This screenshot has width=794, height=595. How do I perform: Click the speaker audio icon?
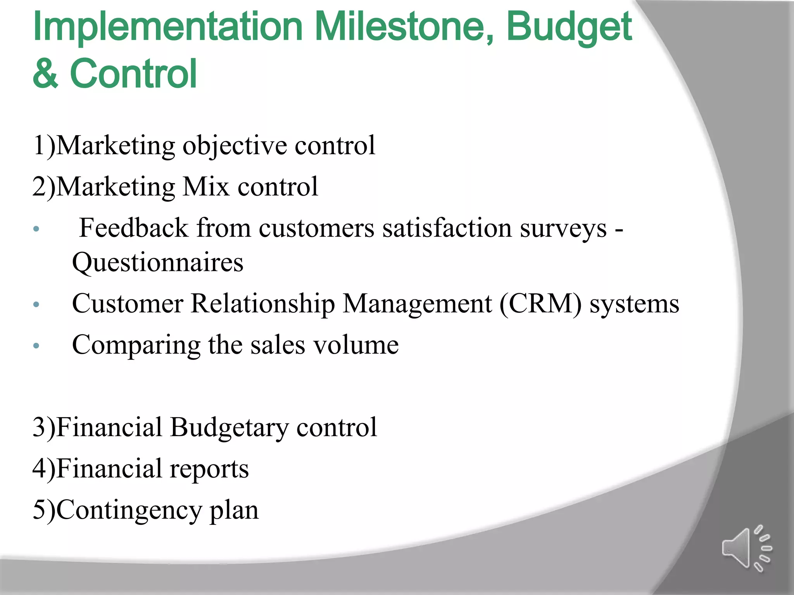coord(746,548)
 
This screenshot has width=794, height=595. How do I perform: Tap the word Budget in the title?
coord(569,27)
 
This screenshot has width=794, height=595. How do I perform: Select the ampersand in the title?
coord(45,74)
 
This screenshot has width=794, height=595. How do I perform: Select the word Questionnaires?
coord(158,263)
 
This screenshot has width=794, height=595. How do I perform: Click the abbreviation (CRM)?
coord(540,304)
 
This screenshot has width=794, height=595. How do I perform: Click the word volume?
coord(356,345)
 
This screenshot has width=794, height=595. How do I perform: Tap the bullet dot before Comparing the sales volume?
coord(36,346)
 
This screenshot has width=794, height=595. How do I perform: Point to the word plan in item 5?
coord(234,511)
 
